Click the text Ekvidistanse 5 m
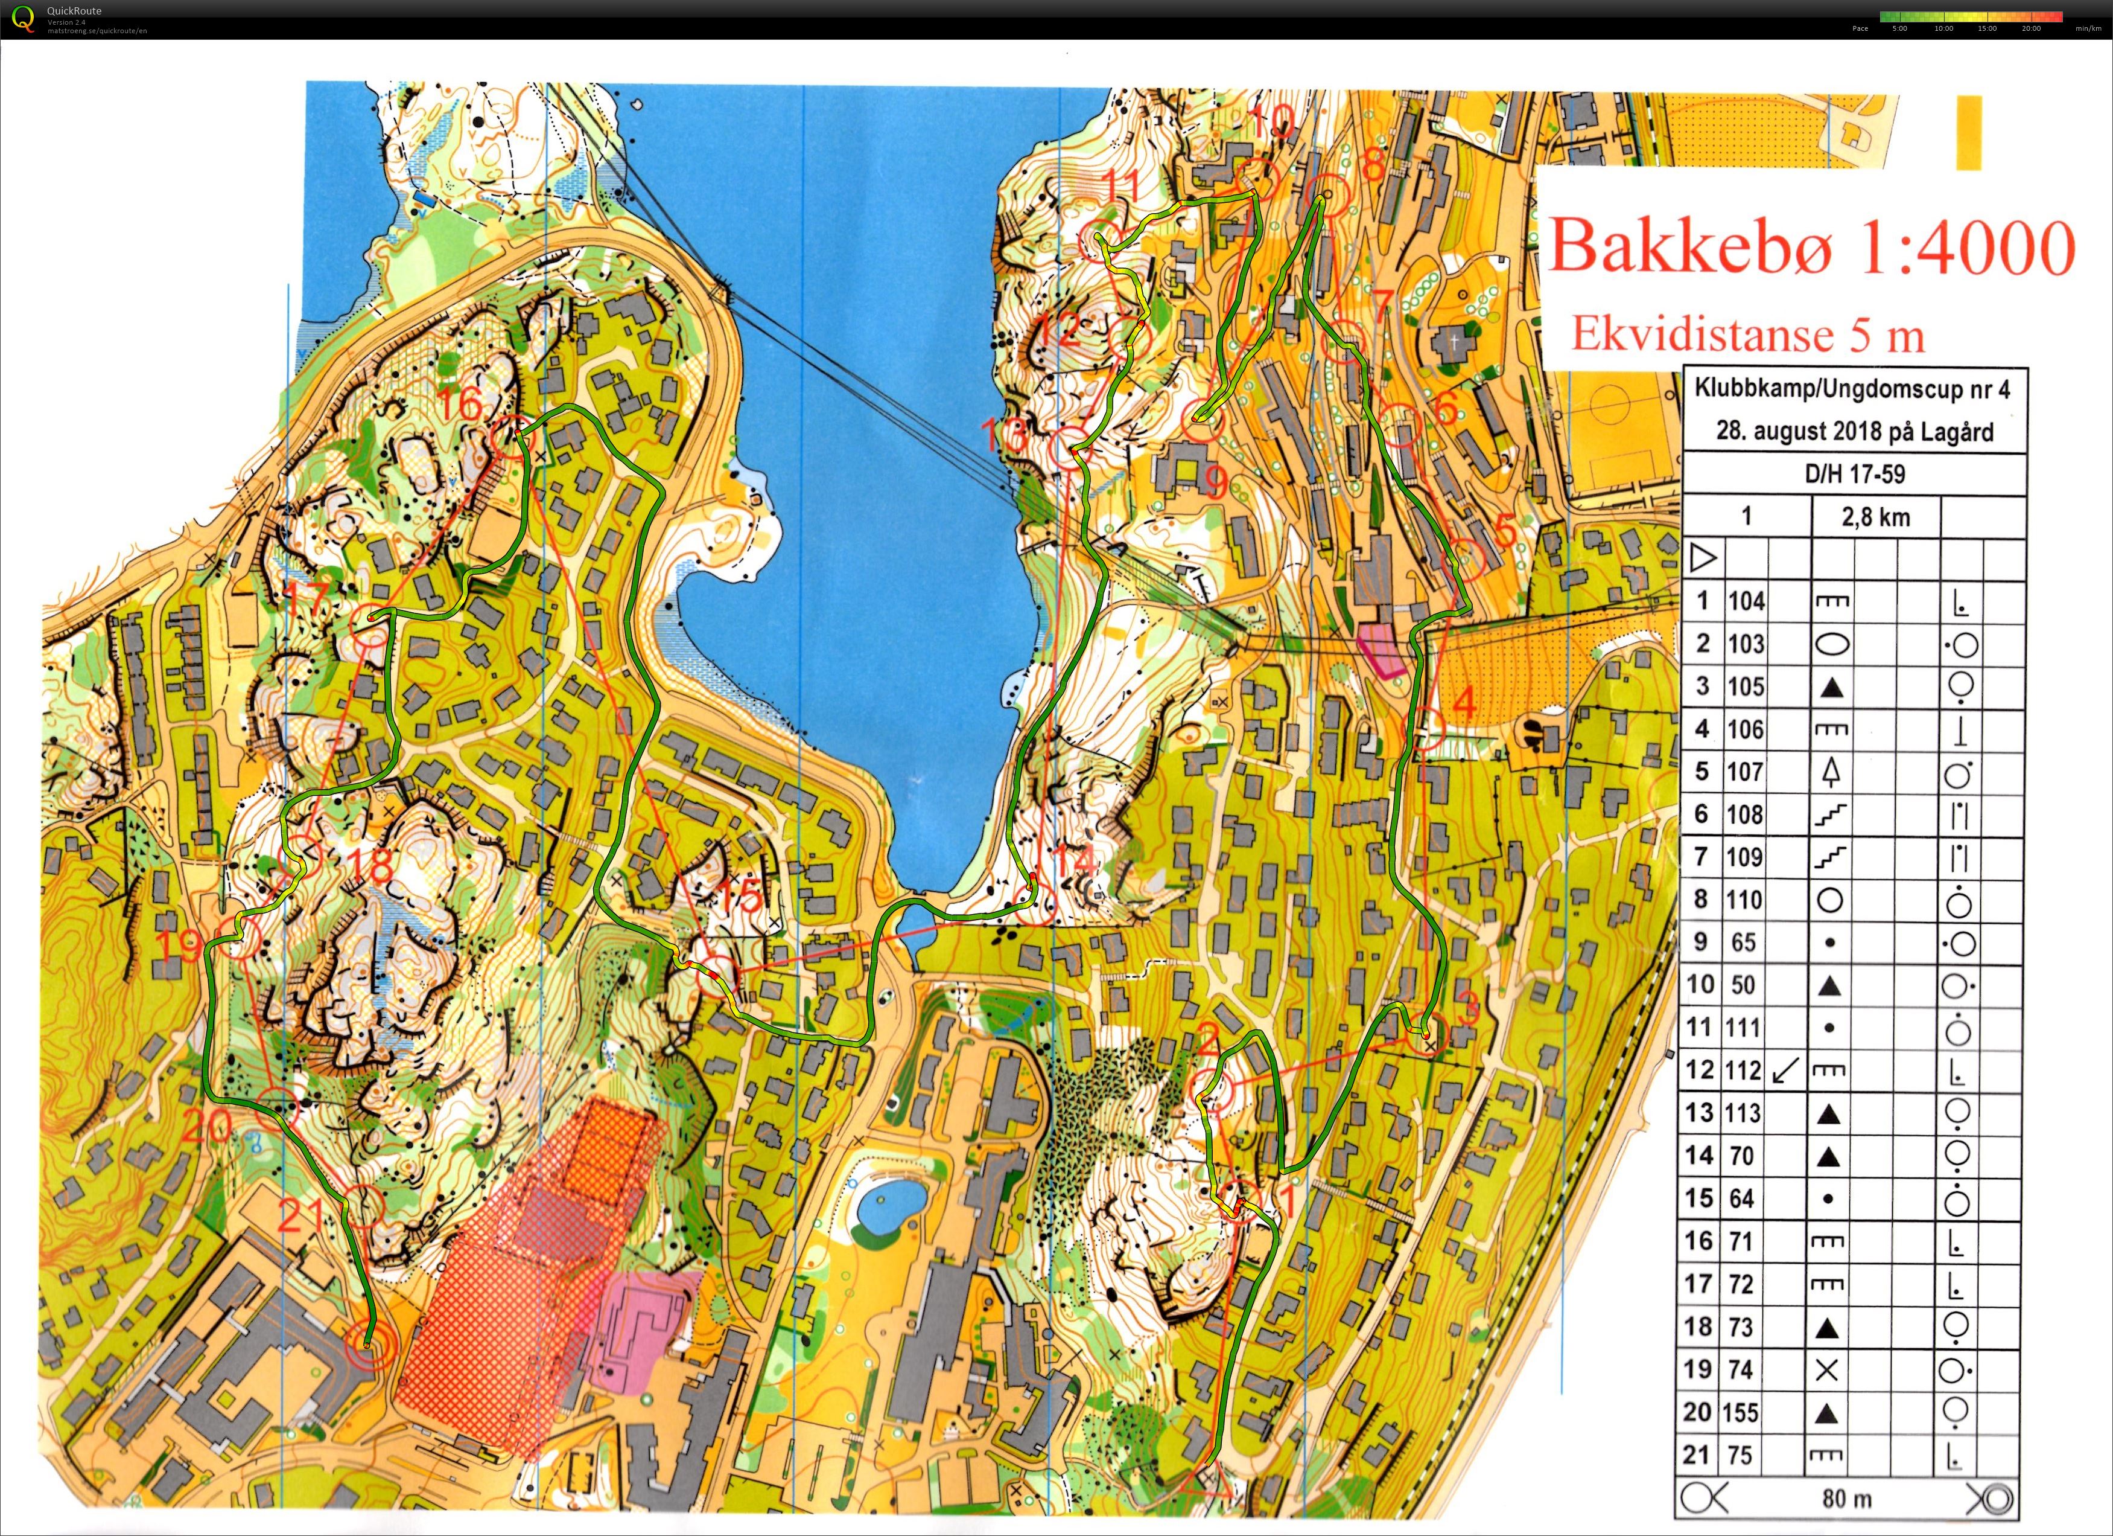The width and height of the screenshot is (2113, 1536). pyautogui.click(x=1748, y=334)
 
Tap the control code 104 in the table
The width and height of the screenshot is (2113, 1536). pyautogui.click(x=1746, y=601)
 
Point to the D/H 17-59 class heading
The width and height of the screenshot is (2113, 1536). pyautogui.click(x=1855, y=473)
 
